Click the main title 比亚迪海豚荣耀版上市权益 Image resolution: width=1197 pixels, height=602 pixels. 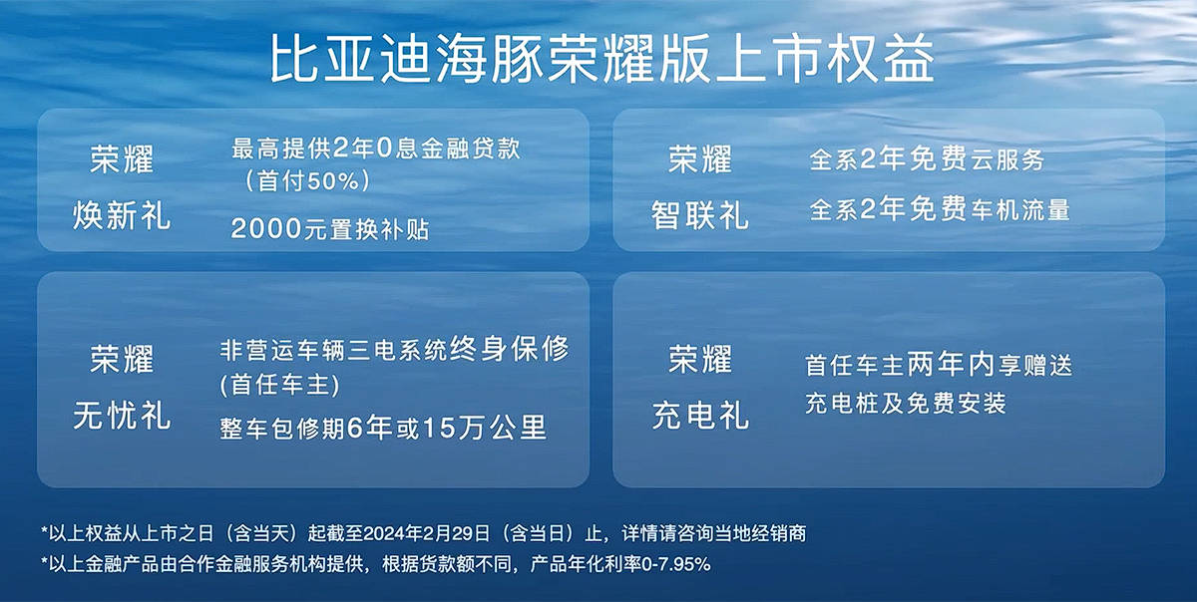pos(602,59)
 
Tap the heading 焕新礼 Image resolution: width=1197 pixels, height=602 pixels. pos(122,216)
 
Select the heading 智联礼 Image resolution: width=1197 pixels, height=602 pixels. pos(699,216)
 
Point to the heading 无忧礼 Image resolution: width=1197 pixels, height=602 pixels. pos(122,416)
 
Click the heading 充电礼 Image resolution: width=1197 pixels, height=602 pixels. pos(700,416)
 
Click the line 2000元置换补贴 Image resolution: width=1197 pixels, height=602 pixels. pos(330,229)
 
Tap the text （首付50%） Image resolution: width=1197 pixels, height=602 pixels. pos(306,181)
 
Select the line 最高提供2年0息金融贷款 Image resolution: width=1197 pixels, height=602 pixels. pos(376,149)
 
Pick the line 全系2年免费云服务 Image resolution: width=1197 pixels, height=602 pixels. pos(927,158)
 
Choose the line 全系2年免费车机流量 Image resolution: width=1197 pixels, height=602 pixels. pos(940,209)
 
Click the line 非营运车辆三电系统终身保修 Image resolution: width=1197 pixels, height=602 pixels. pos(394,350)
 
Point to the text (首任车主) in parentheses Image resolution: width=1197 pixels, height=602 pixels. pos(279,385)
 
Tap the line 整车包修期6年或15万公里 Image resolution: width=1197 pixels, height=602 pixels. pos(383,428)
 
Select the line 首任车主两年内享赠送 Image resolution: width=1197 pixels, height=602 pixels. pos(939,366)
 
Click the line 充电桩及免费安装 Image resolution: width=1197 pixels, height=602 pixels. pos(906,404)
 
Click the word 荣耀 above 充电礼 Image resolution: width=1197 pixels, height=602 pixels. pos(700,359)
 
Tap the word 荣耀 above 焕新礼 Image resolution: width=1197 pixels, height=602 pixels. pos(122,158)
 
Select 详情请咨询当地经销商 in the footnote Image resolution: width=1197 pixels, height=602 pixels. pos(714,533)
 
